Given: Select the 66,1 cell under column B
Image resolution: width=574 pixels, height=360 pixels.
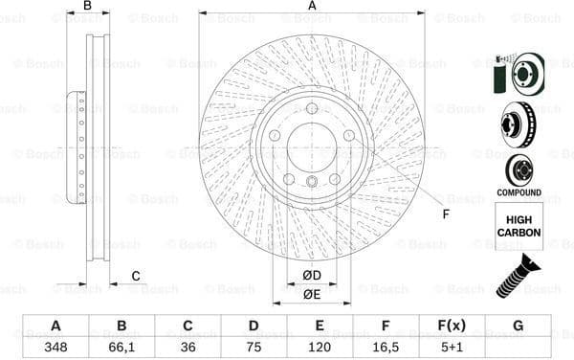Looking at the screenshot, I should pos(121,347).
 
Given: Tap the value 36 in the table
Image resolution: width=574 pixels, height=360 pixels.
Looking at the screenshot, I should pos(188,347).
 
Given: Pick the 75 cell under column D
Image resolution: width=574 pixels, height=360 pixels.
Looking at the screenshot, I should pos(254,347).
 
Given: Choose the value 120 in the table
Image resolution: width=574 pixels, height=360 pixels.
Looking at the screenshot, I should pos(320,347).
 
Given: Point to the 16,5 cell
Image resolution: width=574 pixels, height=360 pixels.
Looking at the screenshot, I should pos(386,347).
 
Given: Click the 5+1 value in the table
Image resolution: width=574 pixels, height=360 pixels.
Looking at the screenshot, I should pos(452,347).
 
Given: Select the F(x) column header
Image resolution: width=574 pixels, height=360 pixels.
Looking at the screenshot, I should pos(452,326).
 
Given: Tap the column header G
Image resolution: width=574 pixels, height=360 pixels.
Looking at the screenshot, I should pos(518,326).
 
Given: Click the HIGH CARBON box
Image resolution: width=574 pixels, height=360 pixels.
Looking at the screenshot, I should pos(518,226).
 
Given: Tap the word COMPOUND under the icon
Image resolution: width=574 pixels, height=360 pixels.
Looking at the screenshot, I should pos(518,192).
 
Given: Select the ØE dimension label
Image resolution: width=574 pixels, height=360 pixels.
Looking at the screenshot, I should pos(312,294).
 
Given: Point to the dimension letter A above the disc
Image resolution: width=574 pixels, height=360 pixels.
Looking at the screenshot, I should pos(312,7).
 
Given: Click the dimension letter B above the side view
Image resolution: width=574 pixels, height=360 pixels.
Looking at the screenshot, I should pos(87,7).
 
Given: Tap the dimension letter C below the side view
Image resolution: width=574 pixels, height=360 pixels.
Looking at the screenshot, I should pos(135,277).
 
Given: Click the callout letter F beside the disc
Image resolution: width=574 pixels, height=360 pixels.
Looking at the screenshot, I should pos(445,213).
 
